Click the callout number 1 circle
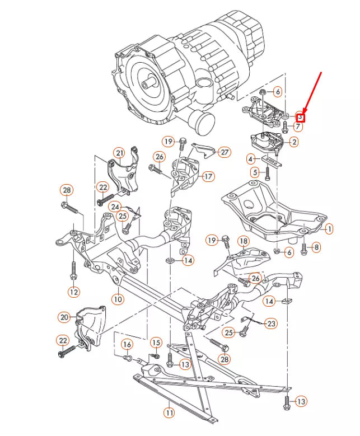329,228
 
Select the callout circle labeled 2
294,142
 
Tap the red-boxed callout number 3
300,117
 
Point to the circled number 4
250,160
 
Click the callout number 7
298,127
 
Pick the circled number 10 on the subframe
117,299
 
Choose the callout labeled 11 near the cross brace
169,413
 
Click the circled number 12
74,292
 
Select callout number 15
156,342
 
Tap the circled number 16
127,344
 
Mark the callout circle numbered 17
208,177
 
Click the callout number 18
243,241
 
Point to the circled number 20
63,317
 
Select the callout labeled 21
119,153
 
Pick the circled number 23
271,324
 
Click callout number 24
115,207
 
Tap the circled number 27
224,152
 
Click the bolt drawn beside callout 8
304,247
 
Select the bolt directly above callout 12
73,270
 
